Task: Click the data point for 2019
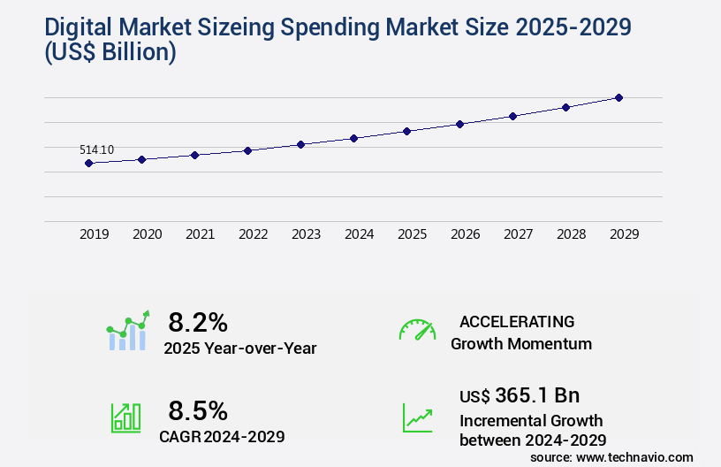(88, 163)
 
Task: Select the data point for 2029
(619, 97)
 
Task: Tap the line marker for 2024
(353, 138)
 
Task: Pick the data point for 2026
(459, 124)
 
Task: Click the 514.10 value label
(96, 149)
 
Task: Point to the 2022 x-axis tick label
(254, 234)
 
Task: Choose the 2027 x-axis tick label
(519, 234)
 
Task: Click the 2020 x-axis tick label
(148, 234)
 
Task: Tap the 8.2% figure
(198, 321)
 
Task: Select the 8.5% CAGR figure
(198, 410)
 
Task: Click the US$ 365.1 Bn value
(520, 394)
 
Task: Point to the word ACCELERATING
(517, 321)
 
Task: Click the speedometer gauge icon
(417, 330)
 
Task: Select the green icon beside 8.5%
(125, 417)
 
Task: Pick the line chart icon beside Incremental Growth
(417, 417)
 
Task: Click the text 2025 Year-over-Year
(239, 348)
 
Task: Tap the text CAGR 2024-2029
(222, 436)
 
